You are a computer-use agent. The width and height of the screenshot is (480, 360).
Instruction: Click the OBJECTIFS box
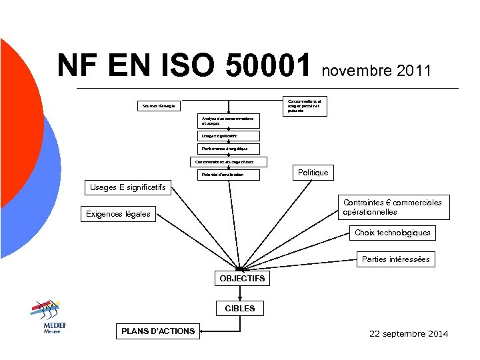pos(242,278)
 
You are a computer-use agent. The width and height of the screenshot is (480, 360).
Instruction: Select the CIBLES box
pos(239,309)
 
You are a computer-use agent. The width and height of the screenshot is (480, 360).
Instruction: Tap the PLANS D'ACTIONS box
pos(158,331)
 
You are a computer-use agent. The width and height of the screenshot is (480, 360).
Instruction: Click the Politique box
pos(313,173)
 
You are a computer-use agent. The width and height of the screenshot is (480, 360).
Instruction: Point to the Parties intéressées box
pos(395,259)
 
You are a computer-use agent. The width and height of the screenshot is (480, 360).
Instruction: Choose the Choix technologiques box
pos(393,233)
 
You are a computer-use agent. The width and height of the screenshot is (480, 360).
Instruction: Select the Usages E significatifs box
pos(128,187)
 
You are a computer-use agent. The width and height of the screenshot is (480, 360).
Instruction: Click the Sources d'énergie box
pos(159,106)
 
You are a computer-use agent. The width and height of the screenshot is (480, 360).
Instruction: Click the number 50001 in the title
pos(269,66)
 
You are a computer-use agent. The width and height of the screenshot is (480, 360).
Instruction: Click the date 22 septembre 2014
pos(409,333)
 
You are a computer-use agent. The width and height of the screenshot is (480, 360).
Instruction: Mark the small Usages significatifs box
pos(220,135)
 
